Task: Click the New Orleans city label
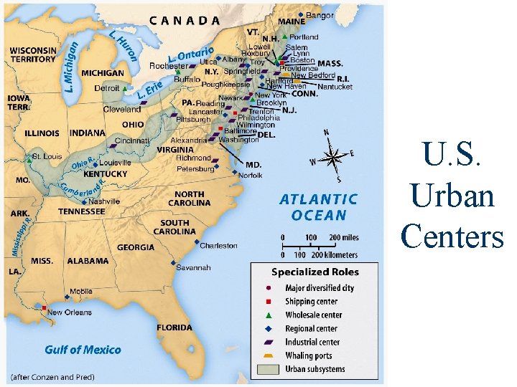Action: (x=70, y=312)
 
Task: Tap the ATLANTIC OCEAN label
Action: (x=318, y=206)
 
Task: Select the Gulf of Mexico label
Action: (x=83, y=350)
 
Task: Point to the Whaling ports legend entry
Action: (x=309, y=355)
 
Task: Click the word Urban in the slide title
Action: (x=453, y=195)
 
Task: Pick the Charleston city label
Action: (x=218, y=246)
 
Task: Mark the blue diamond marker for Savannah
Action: (x=174, y=263)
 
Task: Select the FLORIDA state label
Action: (x=174, y=328)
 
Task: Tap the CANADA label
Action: (x=185, y=20)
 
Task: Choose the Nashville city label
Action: (x=105, y=202)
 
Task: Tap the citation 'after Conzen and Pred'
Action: (x=52, y=376)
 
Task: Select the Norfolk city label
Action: (x=251, y=175)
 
